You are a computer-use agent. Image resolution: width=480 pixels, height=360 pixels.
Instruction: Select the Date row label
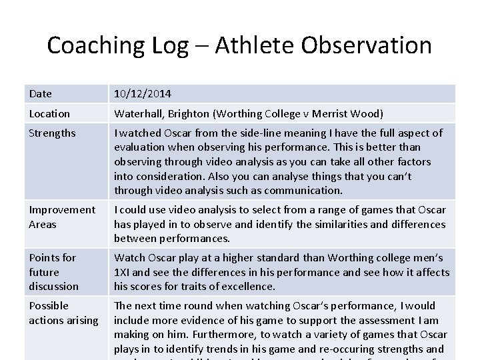point(40,95)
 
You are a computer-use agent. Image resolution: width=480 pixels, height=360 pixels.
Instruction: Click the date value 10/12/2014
point(141,95)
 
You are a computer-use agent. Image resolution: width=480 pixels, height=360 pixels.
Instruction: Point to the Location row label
point(49,114)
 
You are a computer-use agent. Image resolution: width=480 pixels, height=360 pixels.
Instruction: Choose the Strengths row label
point(52,133)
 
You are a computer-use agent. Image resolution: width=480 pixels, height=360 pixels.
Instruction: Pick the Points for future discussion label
point(53,272)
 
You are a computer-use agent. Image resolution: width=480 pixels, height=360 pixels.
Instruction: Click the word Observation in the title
point(366,45)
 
